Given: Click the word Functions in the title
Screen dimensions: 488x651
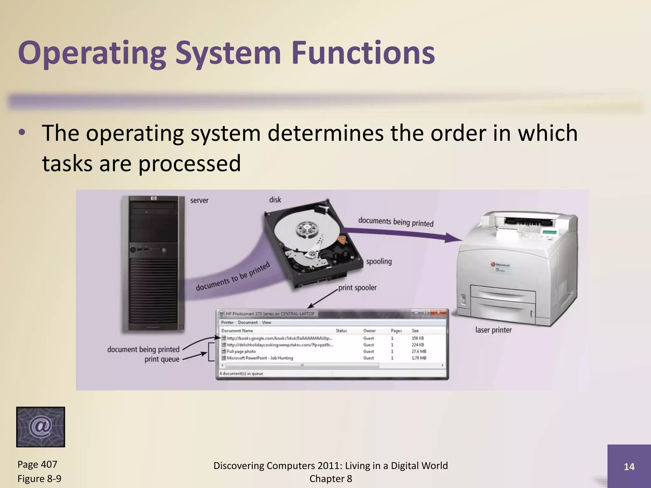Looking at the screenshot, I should [x=363, y=53].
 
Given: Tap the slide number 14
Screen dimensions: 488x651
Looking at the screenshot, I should [x=629, y=466].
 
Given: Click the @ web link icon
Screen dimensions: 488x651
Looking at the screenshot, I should [x=40, y=427].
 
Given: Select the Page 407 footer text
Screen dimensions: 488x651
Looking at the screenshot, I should [x=37, y=464].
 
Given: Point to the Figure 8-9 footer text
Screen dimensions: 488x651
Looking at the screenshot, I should [x=39, y=478].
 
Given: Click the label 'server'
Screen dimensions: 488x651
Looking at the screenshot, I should [x=199, y=200].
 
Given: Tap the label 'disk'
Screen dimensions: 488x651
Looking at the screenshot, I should [x=275, y=200].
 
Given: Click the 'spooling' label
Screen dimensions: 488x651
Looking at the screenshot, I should [x=379, y=261].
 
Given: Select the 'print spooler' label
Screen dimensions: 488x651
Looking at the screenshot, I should [x=357, y=288].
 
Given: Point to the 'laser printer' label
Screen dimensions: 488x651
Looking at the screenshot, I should [x=493, y=330].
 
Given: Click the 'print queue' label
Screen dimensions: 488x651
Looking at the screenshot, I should [x=162, y=359].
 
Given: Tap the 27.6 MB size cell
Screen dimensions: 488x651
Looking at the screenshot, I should [x=419, y=351].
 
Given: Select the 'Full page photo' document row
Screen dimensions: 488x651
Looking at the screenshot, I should [x=241, y=351].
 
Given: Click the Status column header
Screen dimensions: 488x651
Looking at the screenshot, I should [x=341, y=331].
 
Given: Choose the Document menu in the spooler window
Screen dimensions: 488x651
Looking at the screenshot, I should [x=248, y=322].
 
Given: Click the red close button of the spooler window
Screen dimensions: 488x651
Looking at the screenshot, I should [x=438, y=312].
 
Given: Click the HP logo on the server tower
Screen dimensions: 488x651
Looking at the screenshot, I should [x=154, y=199].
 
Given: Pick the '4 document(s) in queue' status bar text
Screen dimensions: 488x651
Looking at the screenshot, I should [x=241, y=374].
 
